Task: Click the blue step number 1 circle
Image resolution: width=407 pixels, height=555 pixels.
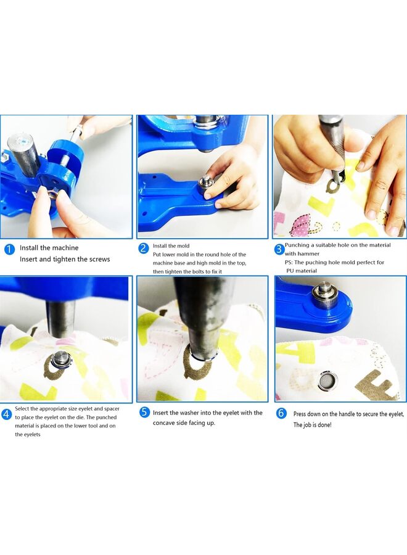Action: [9, 249]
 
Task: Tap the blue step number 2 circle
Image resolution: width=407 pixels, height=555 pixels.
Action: [143, 248]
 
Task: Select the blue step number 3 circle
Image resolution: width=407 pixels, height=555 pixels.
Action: [279, 249]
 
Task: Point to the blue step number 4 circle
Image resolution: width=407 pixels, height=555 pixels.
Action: [7, 414]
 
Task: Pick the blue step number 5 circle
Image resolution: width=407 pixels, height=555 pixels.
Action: [144, 412]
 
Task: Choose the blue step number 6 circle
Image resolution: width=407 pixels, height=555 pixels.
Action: [281, 413]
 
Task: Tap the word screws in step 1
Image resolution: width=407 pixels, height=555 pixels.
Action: [99, 259]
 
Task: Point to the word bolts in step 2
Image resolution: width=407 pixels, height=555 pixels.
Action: [199, 271]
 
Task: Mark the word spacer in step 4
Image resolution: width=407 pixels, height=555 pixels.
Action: [112, 409]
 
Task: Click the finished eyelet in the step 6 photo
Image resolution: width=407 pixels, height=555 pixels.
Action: [328, 382]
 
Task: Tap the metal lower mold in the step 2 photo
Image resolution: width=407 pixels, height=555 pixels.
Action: [205, 184]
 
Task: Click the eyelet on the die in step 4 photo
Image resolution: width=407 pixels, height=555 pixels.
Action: [61, 360]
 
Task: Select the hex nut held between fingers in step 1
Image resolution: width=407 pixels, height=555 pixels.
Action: [52, 193]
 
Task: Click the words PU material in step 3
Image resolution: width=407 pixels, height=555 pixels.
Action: [302, 271]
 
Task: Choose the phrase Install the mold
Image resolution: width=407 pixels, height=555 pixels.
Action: [171, 245]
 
